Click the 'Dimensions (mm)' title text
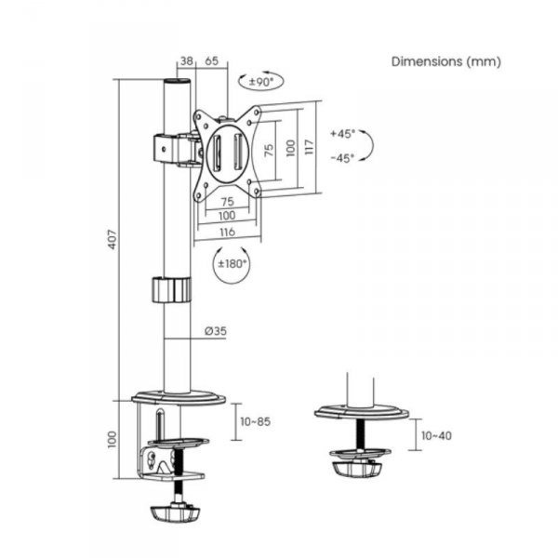pyautogui.click(x=445, y=61)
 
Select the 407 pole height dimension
pyautogui.click(x=113, y=240)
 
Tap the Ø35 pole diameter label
pyautogui.click(x=216, y=331)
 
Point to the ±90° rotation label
pyautogui.click(x=260, y=82)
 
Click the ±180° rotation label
pyautogui.click(x=232, y=264)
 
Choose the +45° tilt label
pyautogui.click(x=342, y=134)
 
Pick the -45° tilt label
pyautogui.click(x=342, y=158)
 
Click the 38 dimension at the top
pyautogui.click(x=187, y=60)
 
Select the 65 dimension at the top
pyautogui.click(x=211, y=60)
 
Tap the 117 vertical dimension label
pyautogui.click(x=310, y=147)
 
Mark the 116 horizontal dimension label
pyautogui.click(x=228, y=232)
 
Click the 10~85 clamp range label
pyautogui.click(x=255, y=421)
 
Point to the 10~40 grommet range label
pyautogui.click(x=436, y=435)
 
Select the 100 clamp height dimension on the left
pyautogui.click(x=113, y=440)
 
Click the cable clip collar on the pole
pyautogui.click(x=172, y=290)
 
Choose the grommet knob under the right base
pyautogui.click(x=357, y=469)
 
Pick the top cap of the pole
pyautogui.click(x=178, y=82)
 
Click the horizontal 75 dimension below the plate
pyautogui.click(x=228, y=202)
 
